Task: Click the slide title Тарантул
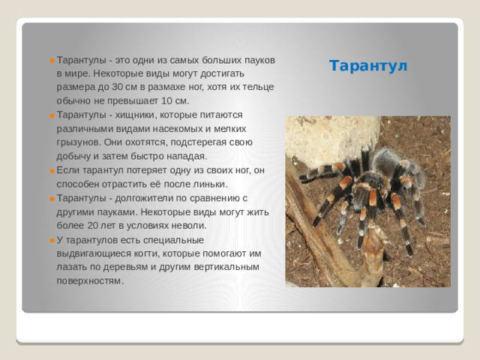tap(368, 66)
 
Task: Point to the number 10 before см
tap(169, 100)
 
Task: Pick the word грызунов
tap(76, 142)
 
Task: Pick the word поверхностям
tap(89, 280)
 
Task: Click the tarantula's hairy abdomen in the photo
tap(388, 161)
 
